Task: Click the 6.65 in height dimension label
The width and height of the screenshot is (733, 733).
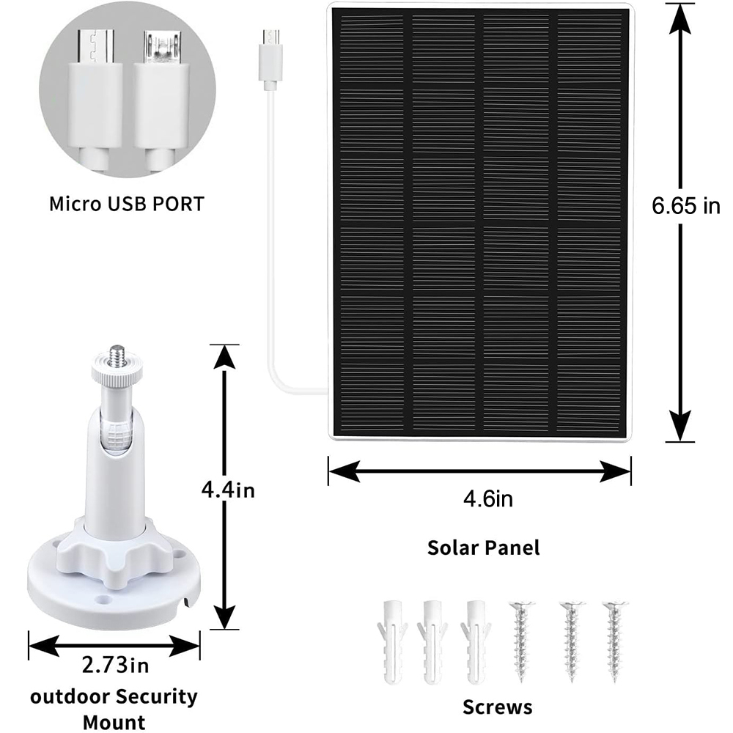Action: (686, 205)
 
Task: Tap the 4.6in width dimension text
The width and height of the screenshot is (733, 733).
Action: (488, 498)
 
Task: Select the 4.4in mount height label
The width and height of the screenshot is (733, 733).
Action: (228, 490)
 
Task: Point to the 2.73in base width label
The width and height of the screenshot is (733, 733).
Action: (116, 664)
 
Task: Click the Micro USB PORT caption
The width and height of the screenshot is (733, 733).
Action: (127, 204)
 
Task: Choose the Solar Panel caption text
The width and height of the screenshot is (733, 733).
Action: (483, 548)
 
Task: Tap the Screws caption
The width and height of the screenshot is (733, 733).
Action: (498, 707)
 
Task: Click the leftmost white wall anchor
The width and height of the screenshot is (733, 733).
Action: (392, 643)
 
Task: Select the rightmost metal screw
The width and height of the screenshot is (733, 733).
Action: (614, 642)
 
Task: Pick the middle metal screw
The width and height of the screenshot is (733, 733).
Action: (572, 642)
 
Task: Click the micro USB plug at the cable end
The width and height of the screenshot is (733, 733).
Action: (270, 59)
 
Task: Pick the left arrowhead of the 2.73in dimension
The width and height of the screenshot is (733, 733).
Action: (44, 646)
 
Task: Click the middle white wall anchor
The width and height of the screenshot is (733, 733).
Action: (433, 643)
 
